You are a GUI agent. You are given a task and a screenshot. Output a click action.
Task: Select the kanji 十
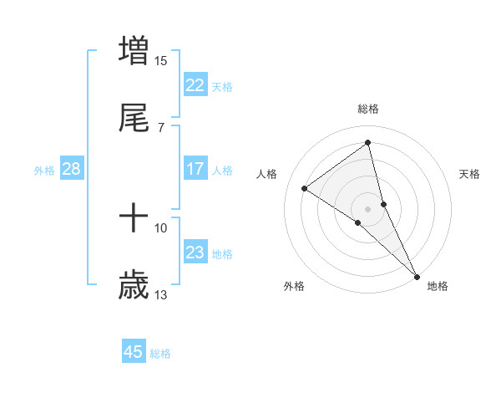[134, 219]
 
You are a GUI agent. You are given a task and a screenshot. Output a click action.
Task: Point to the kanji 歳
[134, 286]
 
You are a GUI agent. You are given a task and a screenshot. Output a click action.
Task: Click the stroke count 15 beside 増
[161, 60]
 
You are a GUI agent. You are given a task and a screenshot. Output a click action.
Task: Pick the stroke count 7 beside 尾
[161, 127]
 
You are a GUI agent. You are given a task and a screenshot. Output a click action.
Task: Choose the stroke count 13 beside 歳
[161, 294]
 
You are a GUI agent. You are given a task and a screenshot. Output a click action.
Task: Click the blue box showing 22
[195, 85]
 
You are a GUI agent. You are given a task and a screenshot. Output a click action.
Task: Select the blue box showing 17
[195, 169]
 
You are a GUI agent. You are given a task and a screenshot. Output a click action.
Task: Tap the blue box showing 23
[195, 253]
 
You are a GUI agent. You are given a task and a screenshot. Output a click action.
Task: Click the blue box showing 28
[71, 169]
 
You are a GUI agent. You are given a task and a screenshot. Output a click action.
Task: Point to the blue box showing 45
[134, 352]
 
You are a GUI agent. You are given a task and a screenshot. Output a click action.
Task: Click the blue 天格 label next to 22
[222, 86]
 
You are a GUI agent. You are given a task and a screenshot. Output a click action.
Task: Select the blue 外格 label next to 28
[44, 170]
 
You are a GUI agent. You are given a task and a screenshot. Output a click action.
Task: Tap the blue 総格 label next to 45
[160, 354]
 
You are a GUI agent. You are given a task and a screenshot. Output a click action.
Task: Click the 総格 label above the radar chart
[368, 109]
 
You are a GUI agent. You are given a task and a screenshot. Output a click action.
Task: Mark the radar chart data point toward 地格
[417, 276]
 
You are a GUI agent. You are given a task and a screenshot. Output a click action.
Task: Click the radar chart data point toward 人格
[305, 188]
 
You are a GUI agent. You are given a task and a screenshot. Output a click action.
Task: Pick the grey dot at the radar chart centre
[367, 207]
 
